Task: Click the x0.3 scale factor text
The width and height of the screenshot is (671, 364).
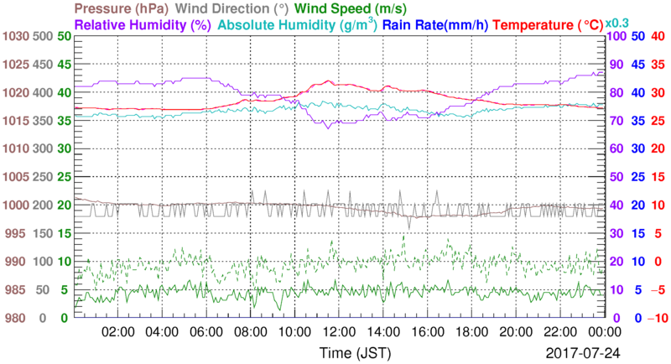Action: [x=618, y=23]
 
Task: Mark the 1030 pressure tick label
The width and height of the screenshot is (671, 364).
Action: [x=16, y=36]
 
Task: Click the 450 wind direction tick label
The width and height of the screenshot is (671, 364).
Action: [x=43, y=65]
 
